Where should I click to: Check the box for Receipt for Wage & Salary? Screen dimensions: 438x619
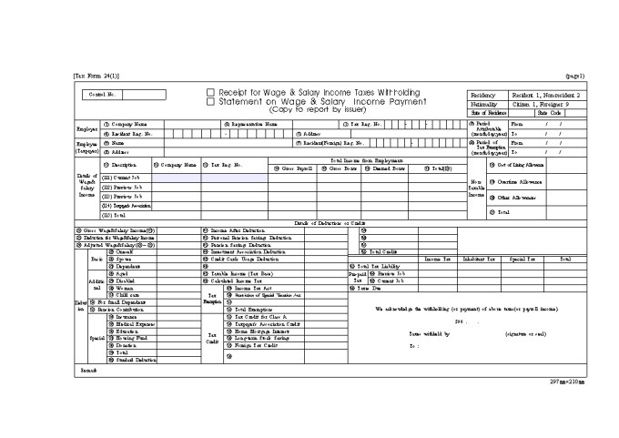[x=210, y=93]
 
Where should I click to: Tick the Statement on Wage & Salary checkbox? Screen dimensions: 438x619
[x=210, y=102]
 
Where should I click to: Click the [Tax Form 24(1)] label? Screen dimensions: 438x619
[x=96, y=76]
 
